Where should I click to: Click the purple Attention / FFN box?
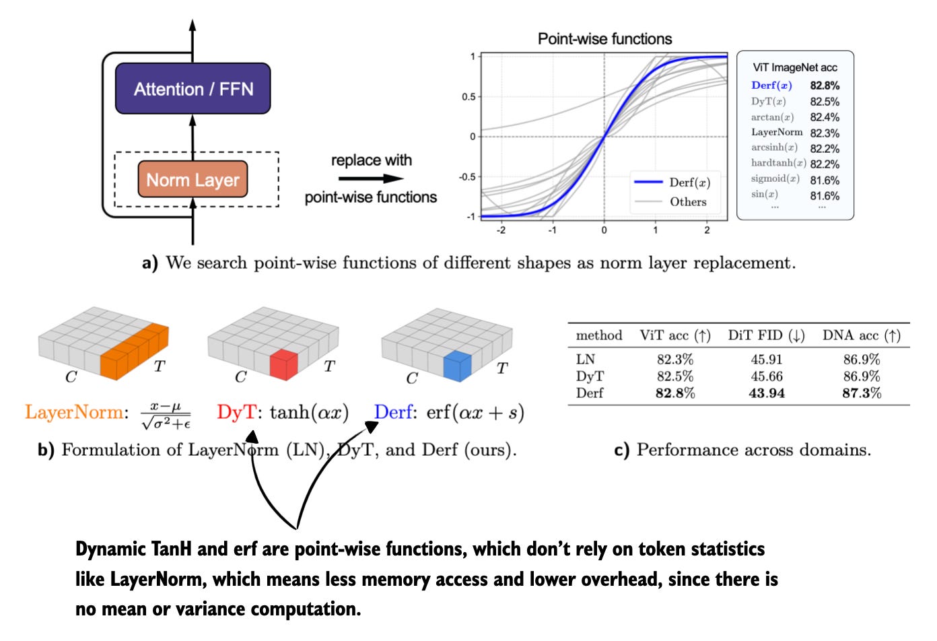pyautogui.click(x=193, y=88)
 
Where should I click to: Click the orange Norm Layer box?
pyautogui.click(x=193, y=180)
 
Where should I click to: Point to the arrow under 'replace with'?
pyautogui.click(x=371, y=178)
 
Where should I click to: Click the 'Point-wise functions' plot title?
pyautogui.click(x=604, y=39)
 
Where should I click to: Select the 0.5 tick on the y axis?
pyautogui.click(x=468, y=97)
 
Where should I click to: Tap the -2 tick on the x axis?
pyautogui.click(x=501, y=230)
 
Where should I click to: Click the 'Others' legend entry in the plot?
pyautogui.click(x=688, y=201)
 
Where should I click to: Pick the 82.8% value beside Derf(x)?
pyautogui.click(x=825, y=86)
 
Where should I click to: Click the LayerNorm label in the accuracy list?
pyautogui.click(x=777, y=133)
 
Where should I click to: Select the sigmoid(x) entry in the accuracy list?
pyautogui.click(x=775, y=179)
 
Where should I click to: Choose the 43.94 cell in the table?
pyautogui.click(x=767, y=393)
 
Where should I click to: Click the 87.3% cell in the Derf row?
pyautogui.click(x=862, y=393)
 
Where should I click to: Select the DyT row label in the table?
pyautogui.click(x=590, y=376)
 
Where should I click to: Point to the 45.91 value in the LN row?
pyautogui.click(x=767, y=360)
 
